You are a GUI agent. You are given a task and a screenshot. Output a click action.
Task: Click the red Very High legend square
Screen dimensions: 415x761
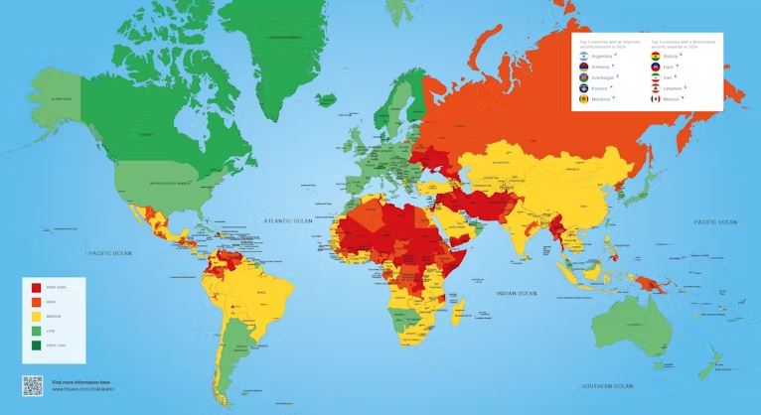37,288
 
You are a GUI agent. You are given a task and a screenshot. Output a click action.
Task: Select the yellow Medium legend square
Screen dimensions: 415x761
37,315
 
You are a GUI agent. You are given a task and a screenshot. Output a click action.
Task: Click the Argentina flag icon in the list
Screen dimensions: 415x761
583,57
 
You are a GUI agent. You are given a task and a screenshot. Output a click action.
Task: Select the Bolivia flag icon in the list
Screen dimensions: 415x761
655,57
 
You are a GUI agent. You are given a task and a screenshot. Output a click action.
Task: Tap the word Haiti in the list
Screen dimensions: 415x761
672,67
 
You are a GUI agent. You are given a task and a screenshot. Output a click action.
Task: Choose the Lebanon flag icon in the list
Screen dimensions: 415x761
655,87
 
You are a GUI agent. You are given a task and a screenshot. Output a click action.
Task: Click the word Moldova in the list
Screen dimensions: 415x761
602,98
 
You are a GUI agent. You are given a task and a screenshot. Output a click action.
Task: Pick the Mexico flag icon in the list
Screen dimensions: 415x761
655,98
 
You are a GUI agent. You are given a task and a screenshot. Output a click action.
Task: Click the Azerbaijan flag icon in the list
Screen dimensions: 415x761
583,77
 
